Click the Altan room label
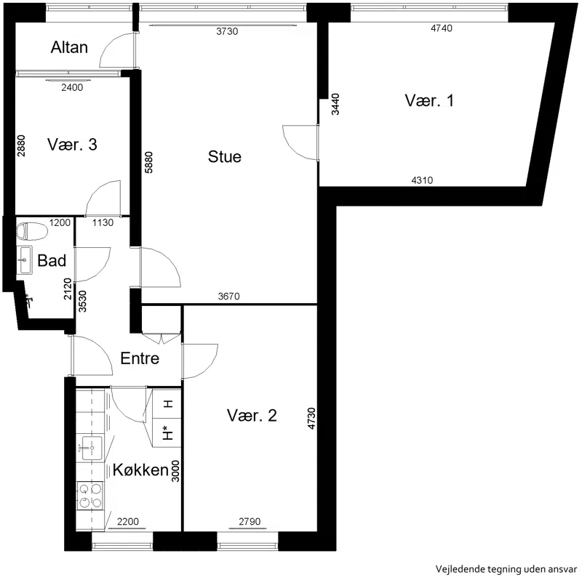pos(69,47)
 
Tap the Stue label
pos(225,156)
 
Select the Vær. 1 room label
pos(429,100)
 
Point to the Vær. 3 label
pos(72,144)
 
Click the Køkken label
pos(140,470)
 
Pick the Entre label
pos(140,358)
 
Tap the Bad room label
pos(52,261)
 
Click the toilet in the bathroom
pos(32,231)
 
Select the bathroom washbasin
pos(25,260)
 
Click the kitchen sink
pos(92,448)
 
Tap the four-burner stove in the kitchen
pos(90,496)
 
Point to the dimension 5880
pos(148,162)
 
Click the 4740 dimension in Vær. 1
pos(442,28)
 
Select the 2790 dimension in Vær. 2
pos(250,522)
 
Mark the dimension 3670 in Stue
pos(228,297)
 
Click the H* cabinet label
pos(169,432)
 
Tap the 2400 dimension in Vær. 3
pos(72,87)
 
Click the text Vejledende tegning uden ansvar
pos(506,569)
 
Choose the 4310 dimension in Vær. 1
pos(422,180)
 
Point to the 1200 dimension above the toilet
pos(60,222)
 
